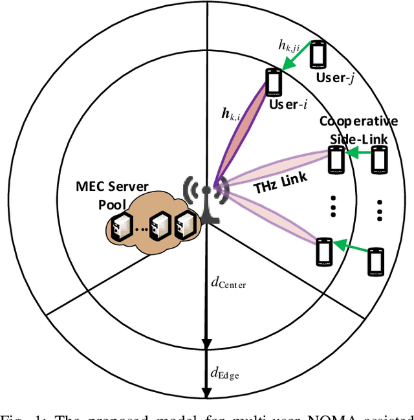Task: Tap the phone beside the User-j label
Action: coord(317,54)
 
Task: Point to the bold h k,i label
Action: coord(230,116)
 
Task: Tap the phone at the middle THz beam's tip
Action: coord(336,159)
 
